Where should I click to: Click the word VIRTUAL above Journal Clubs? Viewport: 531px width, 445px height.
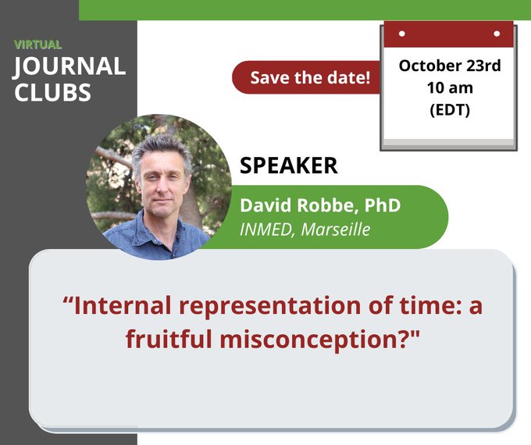[37, 44]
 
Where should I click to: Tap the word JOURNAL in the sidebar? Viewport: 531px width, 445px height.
[69, 66]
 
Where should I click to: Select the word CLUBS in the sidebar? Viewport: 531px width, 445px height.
[52, 92]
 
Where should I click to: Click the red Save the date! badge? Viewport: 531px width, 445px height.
[310, 78]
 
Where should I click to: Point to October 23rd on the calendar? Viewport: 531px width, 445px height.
[450, 66]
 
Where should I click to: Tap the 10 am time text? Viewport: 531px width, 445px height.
[450, 87]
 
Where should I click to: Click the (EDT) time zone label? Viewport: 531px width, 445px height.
[450, 109]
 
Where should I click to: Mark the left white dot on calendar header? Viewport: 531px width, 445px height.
[401, 34]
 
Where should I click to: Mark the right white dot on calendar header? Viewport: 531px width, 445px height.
[497, 34]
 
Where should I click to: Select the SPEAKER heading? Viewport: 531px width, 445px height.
[288, 166]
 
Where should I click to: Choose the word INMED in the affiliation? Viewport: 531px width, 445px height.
[264, 230]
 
